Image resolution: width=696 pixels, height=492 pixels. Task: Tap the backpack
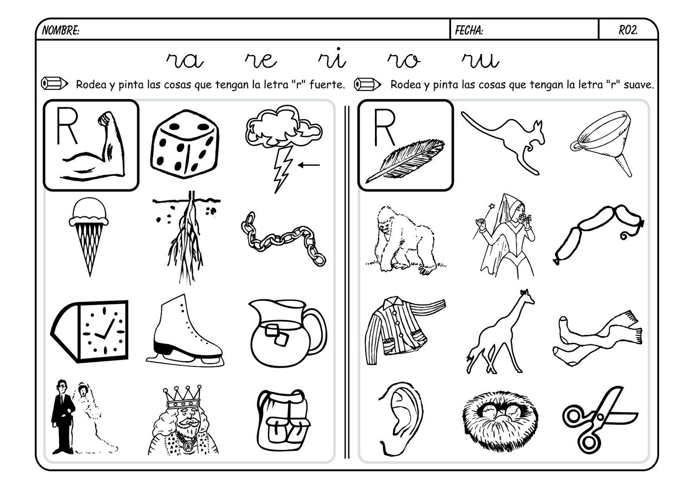[x=283, y=420]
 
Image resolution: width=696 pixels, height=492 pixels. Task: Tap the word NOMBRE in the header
[x=60, y=30]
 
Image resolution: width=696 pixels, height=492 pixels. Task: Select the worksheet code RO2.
[x=628, y=30]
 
